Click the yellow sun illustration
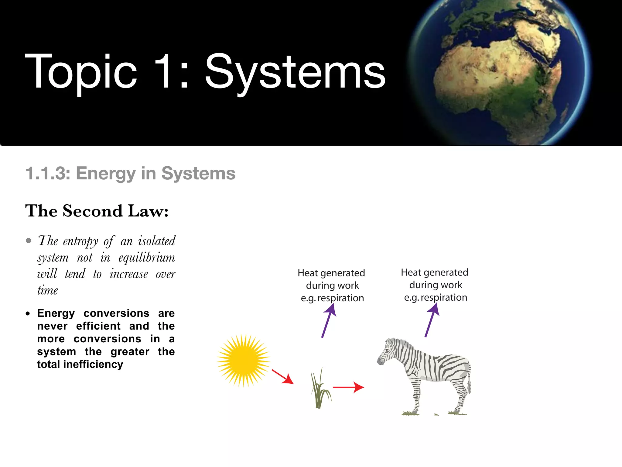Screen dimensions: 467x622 click(x=244, y=360)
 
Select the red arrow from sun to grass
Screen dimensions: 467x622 click(x=282, y=377)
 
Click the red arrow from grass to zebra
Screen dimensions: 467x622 click(x=348, y=387)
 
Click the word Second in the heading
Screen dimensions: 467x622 click(x=93, y=211)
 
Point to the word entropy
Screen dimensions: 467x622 click(x=80, y=241)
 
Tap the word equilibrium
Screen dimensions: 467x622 click(x=147, y=258)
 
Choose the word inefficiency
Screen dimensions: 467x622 click(x=93, y=364)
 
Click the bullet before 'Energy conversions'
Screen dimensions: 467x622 click(x=28, y=313)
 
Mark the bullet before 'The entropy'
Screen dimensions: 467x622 click(x=29, y=241)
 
